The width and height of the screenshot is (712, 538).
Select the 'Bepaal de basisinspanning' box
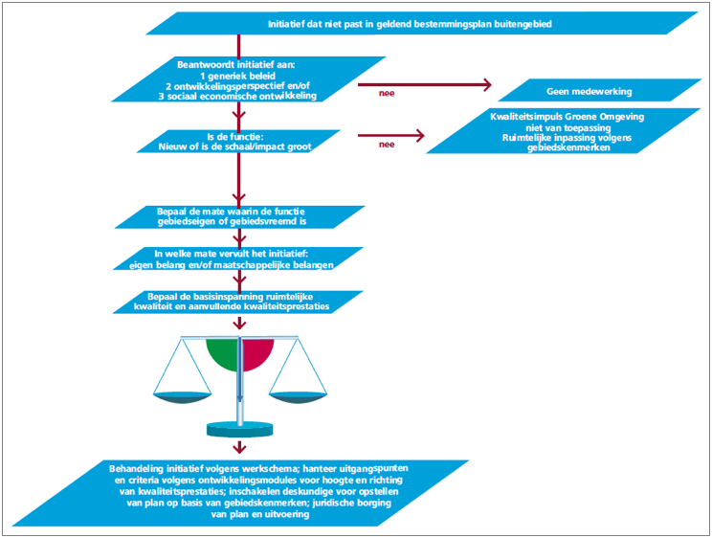239,301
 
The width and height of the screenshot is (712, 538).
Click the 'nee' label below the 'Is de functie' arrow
387,145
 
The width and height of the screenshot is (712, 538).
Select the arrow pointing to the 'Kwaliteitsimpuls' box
392,135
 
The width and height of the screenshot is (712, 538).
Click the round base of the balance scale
239,428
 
